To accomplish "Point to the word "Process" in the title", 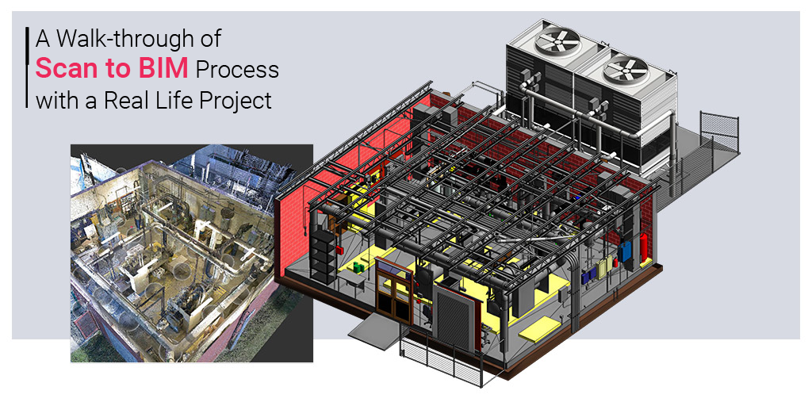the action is [236, 70].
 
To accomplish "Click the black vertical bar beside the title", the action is [26, 68].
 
